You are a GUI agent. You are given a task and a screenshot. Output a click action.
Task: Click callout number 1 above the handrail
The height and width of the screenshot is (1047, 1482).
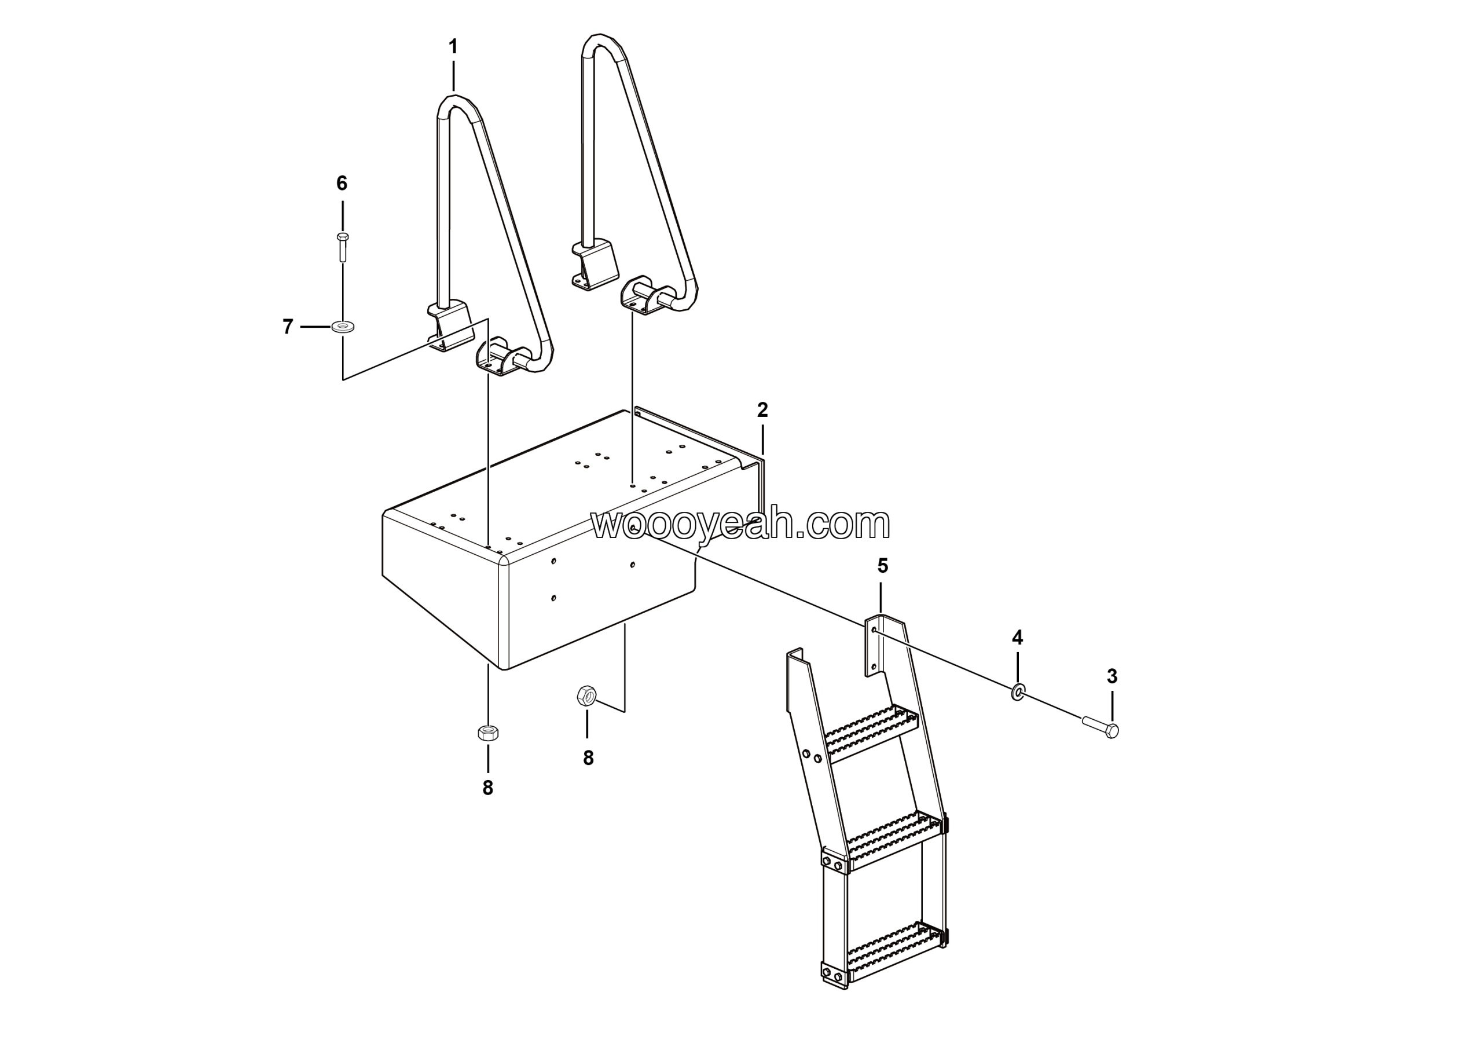(453, 46)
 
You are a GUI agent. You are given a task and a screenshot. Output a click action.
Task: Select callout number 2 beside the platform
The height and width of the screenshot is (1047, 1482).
(762, 410)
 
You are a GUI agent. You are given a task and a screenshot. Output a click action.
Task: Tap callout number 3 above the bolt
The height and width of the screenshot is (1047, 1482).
(1112, 676)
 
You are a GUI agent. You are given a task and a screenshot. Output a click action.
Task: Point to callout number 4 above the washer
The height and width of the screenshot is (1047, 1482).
(1017, 638)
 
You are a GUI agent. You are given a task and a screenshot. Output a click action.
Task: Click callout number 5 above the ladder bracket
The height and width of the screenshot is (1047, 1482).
(882, 566)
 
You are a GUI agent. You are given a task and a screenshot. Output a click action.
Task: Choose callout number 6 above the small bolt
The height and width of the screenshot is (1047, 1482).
(342, 184)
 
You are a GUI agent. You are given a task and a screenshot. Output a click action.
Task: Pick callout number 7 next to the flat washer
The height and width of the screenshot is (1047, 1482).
(288, 327)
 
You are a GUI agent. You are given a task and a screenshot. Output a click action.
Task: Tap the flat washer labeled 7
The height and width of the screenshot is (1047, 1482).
(343, 327)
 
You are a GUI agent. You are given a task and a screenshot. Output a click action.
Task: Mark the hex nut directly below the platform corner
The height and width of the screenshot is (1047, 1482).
(488, 733)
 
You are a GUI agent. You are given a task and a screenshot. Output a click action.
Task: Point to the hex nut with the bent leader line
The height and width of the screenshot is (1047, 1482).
(586, 696)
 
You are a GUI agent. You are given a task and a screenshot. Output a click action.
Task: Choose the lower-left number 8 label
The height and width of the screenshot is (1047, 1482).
(488, 788)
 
